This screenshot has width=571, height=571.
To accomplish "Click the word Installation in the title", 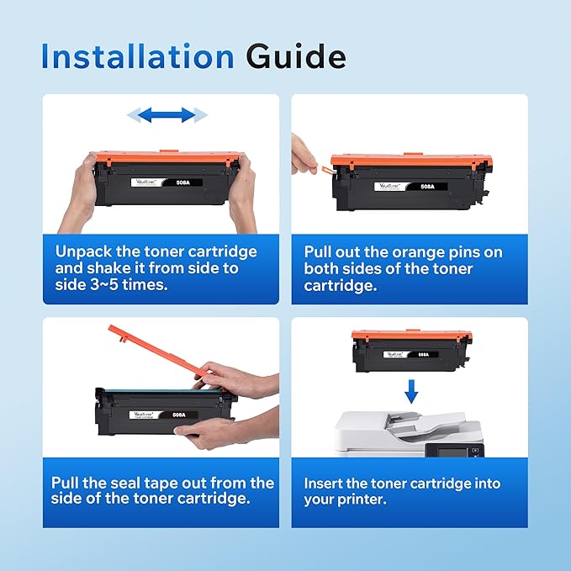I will (138, 57).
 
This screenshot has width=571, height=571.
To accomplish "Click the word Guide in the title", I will (295, 57).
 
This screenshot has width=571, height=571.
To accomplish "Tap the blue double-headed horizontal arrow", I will (167, 114).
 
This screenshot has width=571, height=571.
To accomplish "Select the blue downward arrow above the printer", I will (410, 390).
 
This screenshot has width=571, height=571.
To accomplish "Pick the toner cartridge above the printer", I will (411, 350).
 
